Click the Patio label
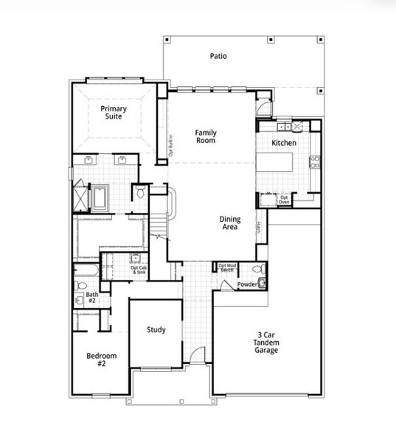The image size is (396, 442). click(x=218, y=55)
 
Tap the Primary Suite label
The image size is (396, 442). click(x=114, y=113)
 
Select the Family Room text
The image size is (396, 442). click(x=206, y=136)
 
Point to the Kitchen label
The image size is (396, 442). click(x=284, y=143)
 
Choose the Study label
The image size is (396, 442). click(x=156, y=329)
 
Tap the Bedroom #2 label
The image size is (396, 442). click(x=101, y=360)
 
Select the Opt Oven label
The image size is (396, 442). click(x=284, y=200)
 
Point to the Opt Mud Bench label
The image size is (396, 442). click(x=226, y=267)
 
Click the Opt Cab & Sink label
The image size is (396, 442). click(x=139, y=270)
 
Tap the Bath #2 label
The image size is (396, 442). click(x=92, y=298)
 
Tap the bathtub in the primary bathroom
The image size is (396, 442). click(x=99, y=197)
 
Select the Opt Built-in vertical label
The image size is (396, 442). click(x=171, y=144)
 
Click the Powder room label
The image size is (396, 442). click(x=246, y=284)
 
